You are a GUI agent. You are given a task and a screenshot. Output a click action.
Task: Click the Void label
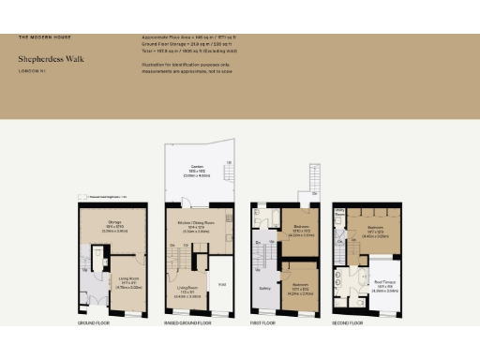222,285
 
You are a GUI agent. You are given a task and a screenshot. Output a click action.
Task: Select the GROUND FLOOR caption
94,322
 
